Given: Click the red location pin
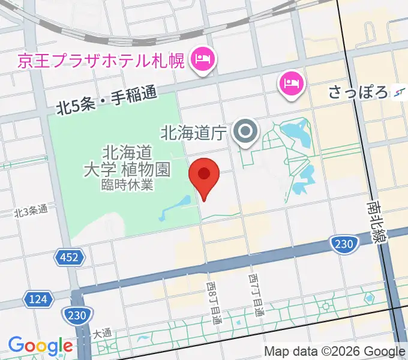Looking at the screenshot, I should (x=203, y=176).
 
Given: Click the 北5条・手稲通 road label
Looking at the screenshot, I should (x=106, y=101).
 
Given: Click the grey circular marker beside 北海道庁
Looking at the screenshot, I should (x=245, y=132).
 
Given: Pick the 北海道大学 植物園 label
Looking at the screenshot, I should (x=126, y=160).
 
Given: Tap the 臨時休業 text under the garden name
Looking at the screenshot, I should (x=127, y=184).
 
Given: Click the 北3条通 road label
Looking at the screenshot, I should (x=30, y=212).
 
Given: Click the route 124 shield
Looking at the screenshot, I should (x=36, y=298).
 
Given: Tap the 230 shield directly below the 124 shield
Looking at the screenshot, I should (x=77, y=314).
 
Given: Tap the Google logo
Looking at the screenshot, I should (x=40, y=346).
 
